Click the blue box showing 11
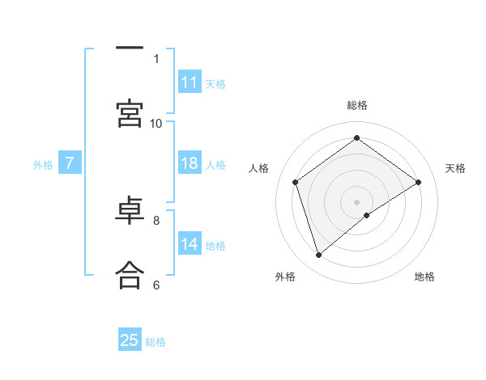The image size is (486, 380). pos(190,82)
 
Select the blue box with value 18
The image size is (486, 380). pos(190,164)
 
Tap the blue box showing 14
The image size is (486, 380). pos(190,245)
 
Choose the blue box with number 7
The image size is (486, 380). pos(70,164)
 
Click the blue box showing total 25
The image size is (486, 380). pos(130,340)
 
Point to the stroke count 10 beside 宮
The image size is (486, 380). pos(156,123)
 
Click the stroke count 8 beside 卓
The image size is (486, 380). pos(156,219)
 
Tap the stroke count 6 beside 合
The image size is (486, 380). pos(156,285)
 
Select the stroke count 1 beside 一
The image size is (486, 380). pos(156,58)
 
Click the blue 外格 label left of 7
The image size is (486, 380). pos(43,165)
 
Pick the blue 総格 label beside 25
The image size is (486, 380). pos(156,342)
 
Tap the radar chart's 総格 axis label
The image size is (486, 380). pos(357,105)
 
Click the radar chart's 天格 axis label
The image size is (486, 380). pos(455,168)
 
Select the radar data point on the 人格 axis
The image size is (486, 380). pos(296,182)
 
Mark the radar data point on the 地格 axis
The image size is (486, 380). pos(367,215)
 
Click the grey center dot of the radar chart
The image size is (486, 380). pos(356,201)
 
